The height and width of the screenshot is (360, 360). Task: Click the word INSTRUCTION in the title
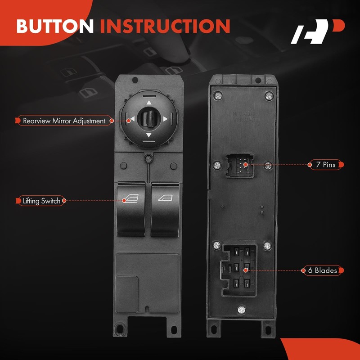pyautogui.click(x=165, y=27)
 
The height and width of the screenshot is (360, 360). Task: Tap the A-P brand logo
pyautogui.click(x=317, y=32)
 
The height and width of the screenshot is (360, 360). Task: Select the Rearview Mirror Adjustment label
pyautogui.click(x=63, y=121)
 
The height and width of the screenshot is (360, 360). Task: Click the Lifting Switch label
pyautogui.click(x=41, y=201)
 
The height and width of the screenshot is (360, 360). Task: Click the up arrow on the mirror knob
pyautogui.click(x=148, y=103)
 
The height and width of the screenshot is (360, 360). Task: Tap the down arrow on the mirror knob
pyautogui.click(x=148, y=135)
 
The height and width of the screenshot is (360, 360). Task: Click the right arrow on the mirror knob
pyautogui.click(x=165, y=119)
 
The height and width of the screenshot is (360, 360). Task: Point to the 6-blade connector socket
pyautogui.click(x=238, y=270)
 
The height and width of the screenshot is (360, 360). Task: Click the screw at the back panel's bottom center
pyautogui.click(x=242, y=310)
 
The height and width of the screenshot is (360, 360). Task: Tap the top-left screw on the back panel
pyautogui.click(x=218, y=95)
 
